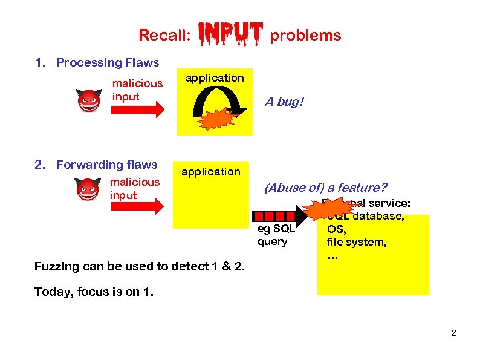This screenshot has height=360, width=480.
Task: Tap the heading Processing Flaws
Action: point(108,62)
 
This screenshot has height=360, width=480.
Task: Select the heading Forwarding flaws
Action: point(106,165)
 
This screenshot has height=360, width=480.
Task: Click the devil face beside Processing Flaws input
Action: point(88,100)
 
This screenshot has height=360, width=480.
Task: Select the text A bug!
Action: point(284,102)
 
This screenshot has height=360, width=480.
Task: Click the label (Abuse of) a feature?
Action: point(325,188)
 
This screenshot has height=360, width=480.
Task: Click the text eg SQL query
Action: point(276,235)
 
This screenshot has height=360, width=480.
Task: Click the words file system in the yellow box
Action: point(357,242)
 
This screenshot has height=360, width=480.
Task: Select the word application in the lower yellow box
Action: point(211,172)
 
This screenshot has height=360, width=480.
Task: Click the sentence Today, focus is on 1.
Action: point(94,292)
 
